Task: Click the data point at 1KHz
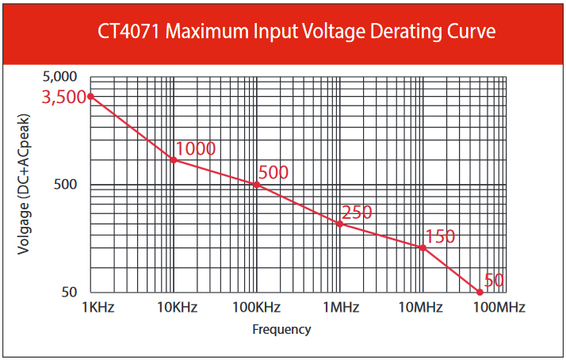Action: pos(90,96)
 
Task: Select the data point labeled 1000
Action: pos(174,160)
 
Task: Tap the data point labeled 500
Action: pos(257,185)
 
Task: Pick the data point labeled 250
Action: pos(340,224)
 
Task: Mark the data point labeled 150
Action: pos(423,248)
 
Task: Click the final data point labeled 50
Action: pos(480,293)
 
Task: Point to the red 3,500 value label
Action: pos(64,98)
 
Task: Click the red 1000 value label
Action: pos(196,148)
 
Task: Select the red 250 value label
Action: pos(357,213)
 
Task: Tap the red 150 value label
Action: pos(440,236)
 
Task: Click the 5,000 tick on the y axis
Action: pos(59,77)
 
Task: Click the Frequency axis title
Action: pos(281,329)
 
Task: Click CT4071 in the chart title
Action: pos(130,32)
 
